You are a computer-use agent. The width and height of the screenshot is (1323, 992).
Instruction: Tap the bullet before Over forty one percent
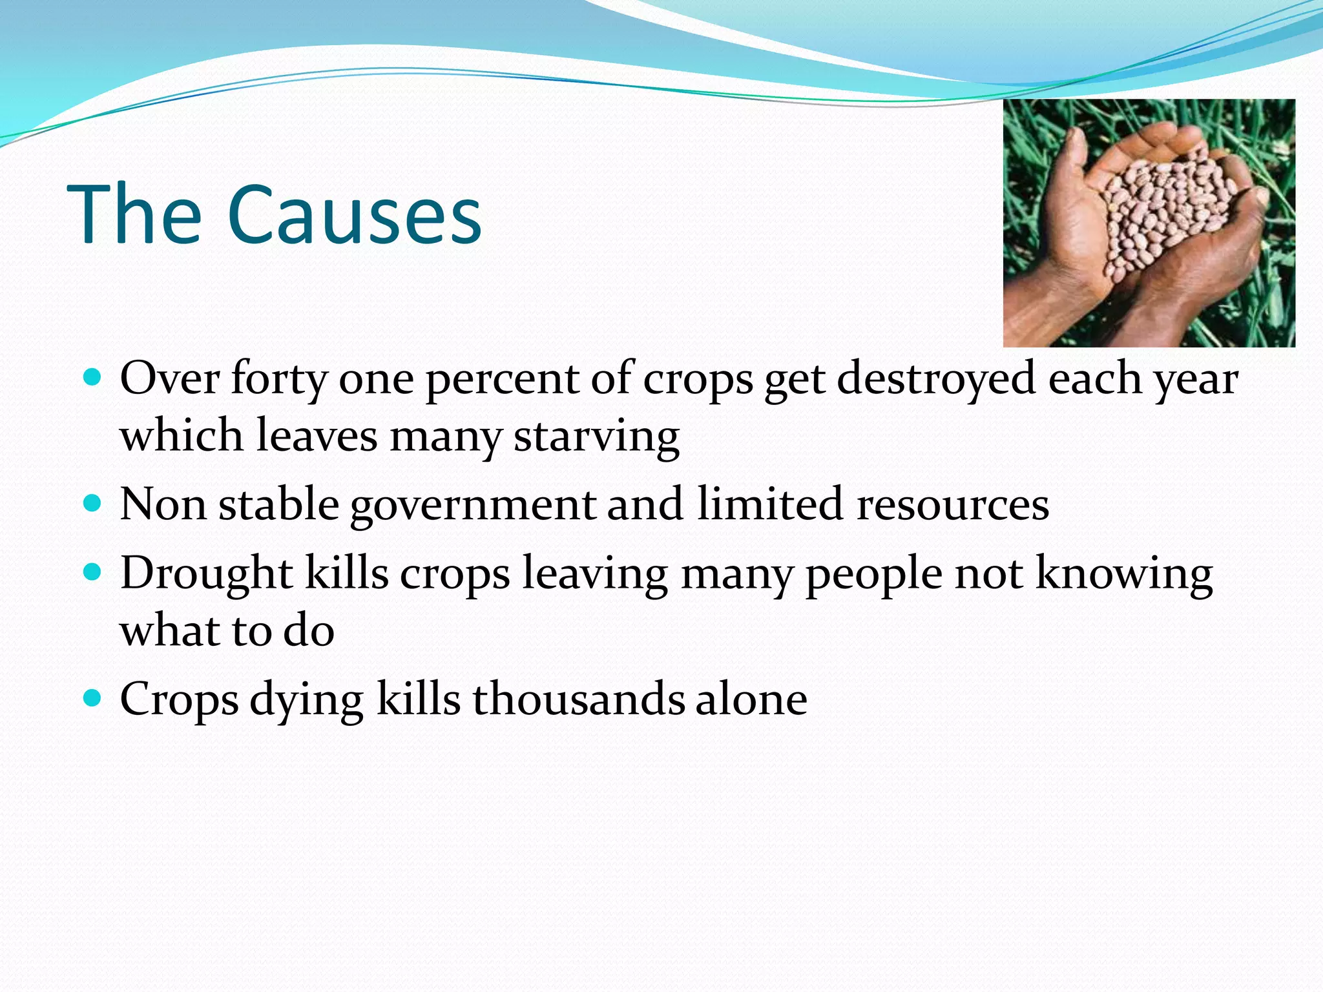[93, 377]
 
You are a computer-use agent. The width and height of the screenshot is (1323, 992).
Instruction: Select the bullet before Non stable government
[93, 503]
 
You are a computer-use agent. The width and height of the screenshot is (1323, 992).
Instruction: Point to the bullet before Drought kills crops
[93, 572]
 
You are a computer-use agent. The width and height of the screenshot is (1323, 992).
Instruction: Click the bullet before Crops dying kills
[93, 698]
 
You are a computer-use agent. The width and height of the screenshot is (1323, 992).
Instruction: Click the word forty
[279, 380]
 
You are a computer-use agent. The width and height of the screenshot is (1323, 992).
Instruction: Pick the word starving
[596, 437]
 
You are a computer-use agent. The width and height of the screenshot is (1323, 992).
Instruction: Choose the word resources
[952, 504]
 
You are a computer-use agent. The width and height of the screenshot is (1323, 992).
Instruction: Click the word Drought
[206, 574]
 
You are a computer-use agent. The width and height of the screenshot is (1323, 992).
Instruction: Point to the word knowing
[1124, 574]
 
